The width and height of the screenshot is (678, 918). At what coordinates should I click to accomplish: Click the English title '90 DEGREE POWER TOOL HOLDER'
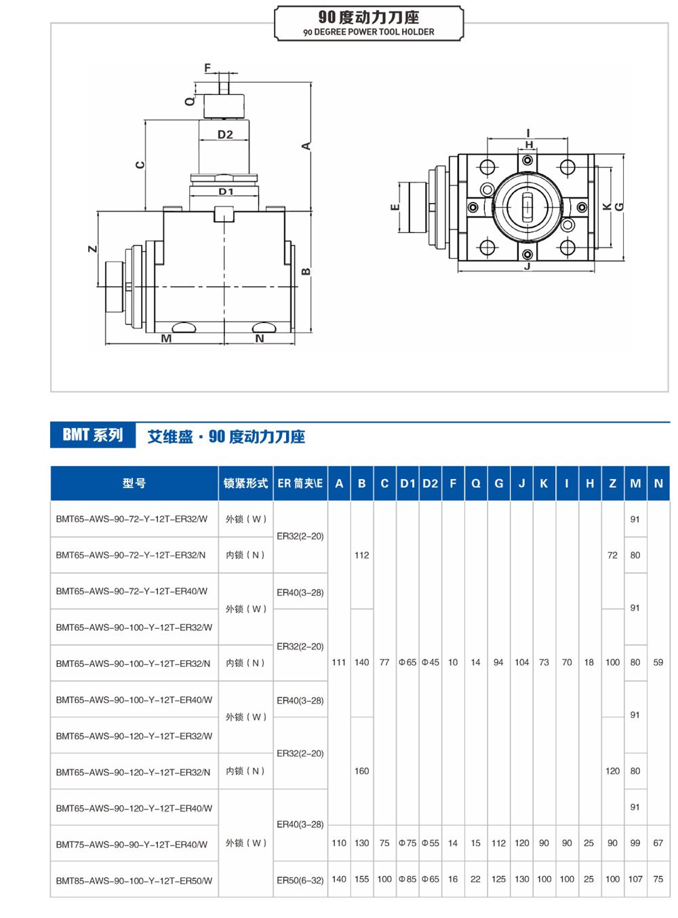[369, 32]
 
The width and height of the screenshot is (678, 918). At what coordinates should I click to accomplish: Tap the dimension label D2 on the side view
[225, 134]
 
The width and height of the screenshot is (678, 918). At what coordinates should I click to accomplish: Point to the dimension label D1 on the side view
[226, 192]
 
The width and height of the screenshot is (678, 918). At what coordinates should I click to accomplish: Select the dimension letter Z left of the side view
[93, 249]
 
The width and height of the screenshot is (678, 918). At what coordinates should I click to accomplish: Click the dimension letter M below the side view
[166, 338]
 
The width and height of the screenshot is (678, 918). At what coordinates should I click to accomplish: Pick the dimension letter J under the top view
[527, 267]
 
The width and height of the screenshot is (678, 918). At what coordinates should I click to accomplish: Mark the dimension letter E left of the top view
[395, 207]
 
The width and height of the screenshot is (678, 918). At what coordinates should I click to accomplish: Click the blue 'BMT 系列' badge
[93, 435]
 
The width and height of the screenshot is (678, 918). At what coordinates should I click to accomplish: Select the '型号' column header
[134, 483]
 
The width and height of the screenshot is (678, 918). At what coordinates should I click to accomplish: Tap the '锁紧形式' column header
[245, 483]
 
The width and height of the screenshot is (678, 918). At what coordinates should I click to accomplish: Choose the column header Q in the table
[475, 483]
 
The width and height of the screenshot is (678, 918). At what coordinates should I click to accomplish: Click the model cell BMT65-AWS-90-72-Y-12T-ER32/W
[132, 519]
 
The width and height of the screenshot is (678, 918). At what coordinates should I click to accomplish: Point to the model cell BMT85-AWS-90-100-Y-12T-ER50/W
[134, 880]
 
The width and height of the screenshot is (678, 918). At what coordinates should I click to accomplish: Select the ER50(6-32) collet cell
[300, 880]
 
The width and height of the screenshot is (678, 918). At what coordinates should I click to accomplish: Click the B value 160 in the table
[361, 771]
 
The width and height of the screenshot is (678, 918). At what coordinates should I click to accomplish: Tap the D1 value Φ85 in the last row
[407, 879]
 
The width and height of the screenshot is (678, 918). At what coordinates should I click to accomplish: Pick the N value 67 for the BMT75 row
[658, 843]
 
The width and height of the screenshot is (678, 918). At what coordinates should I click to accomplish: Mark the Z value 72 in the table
[612, 555]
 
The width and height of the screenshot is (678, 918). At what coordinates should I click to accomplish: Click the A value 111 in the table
[339, 662]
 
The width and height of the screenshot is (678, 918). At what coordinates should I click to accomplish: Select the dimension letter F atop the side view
[207, 68]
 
